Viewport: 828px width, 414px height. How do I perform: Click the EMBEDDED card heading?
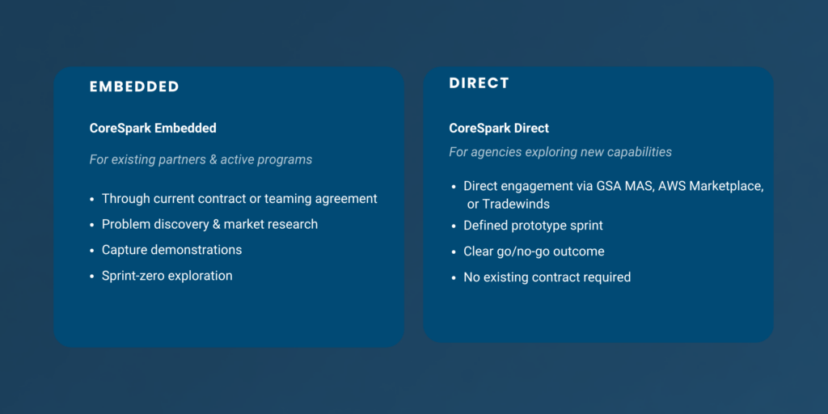point(134,87)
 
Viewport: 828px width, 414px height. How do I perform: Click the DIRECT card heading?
point(479,83)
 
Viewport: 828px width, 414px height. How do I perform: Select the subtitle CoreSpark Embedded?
point(153,129)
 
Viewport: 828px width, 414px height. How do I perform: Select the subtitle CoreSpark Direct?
point(499,129)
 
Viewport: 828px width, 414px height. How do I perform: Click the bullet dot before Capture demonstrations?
point(92,251)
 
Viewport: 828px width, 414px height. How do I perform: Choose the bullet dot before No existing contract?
point(454,278)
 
